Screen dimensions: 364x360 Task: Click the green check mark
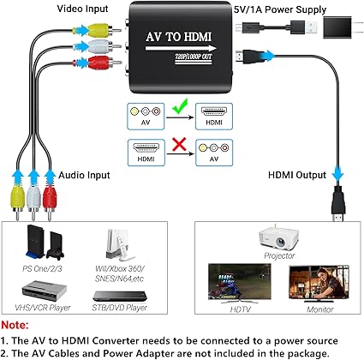point(180,106)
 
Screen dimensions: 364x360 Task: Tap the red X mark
point(179,144)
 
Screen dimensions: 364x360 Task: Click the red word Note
point(15,325)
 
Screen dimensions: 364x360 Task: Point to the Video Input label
point(82,9)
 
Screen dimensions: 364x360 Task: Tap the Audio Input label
point(84,175)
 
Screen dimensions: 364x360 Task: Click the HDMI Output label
point(297,175)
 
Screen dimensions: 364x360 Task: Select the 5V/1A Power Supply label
point(280,9)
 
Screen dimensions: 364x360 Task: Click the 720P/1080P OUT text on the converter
point(194,57)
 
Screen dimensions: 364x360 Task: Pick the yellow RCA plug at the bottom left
point(18,200)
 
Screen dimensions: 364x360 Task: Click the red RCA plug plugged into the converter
point(97,63)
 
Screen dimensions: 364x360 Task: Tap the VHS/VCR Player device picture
point(45,291)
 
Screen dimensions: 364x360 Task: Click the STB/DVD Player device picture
point(120,296)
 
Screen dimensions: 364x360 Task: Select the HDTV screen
point(239,282)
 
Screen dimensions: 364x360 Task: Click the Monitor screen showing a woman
point(319,282)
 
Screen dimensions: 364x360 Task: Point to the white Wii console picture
point(119,245)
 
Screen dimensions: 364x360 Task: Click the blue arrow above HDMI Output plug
point(338,172)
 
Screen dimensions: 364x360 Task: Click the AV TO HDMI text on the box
point(179,37)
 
